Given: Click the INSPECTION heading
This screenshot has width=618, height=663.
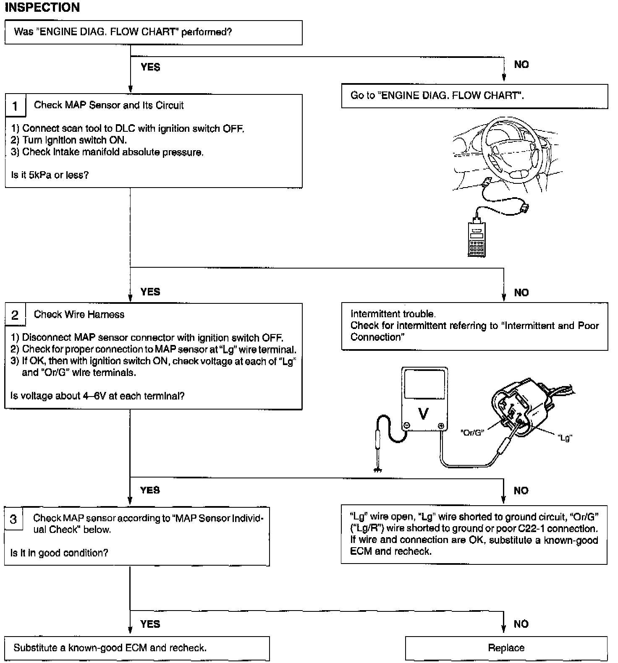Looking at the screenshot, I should tap(42, 8).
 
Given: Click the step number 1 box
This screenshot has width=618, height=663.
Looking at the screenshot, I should tap(15, 106).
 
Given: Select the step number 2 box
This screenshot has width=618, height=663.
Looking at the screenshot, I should tap(15, 315).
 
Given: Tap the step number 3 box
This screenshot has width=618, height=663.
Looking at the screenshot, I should tap(13, 519).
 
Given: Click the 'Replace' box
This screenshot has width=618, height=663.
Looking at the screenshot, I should tap(506, 648).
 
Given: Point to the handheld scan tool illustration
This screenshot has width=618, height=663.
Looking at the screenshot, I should tap(476, 238).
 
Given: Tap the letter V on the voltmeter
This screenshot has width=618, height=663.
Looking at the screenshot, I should tap(424, 414).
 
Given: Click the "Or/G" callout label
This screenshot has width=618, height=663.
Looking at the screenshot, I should tap(472, 433).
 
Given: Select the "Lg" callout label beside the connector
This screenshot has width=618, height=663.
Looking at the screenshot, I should tap(565, 438).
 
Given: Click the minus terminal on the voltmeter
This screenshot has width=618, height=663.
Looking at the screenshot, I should tap(406, 426).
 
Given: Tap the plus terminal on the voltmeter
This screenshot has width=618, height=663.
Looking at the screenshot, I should tap(441, 426).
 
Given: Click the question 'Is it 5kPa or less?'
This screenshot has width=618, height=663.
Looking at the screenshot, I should tap(50, 175).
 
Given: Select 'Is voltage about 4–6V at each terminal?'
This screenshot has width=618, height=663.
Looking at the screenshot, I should tap(97, 396).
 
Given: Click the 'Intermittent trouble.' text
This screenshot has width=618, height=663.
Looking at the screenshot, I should tap(393, 314).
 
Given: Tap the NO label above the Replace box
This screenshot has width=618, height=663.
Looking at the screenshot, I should tap(521, 624).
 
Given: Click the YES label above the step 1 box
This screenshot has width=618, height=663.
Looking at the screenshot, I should tap(150, 67).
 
